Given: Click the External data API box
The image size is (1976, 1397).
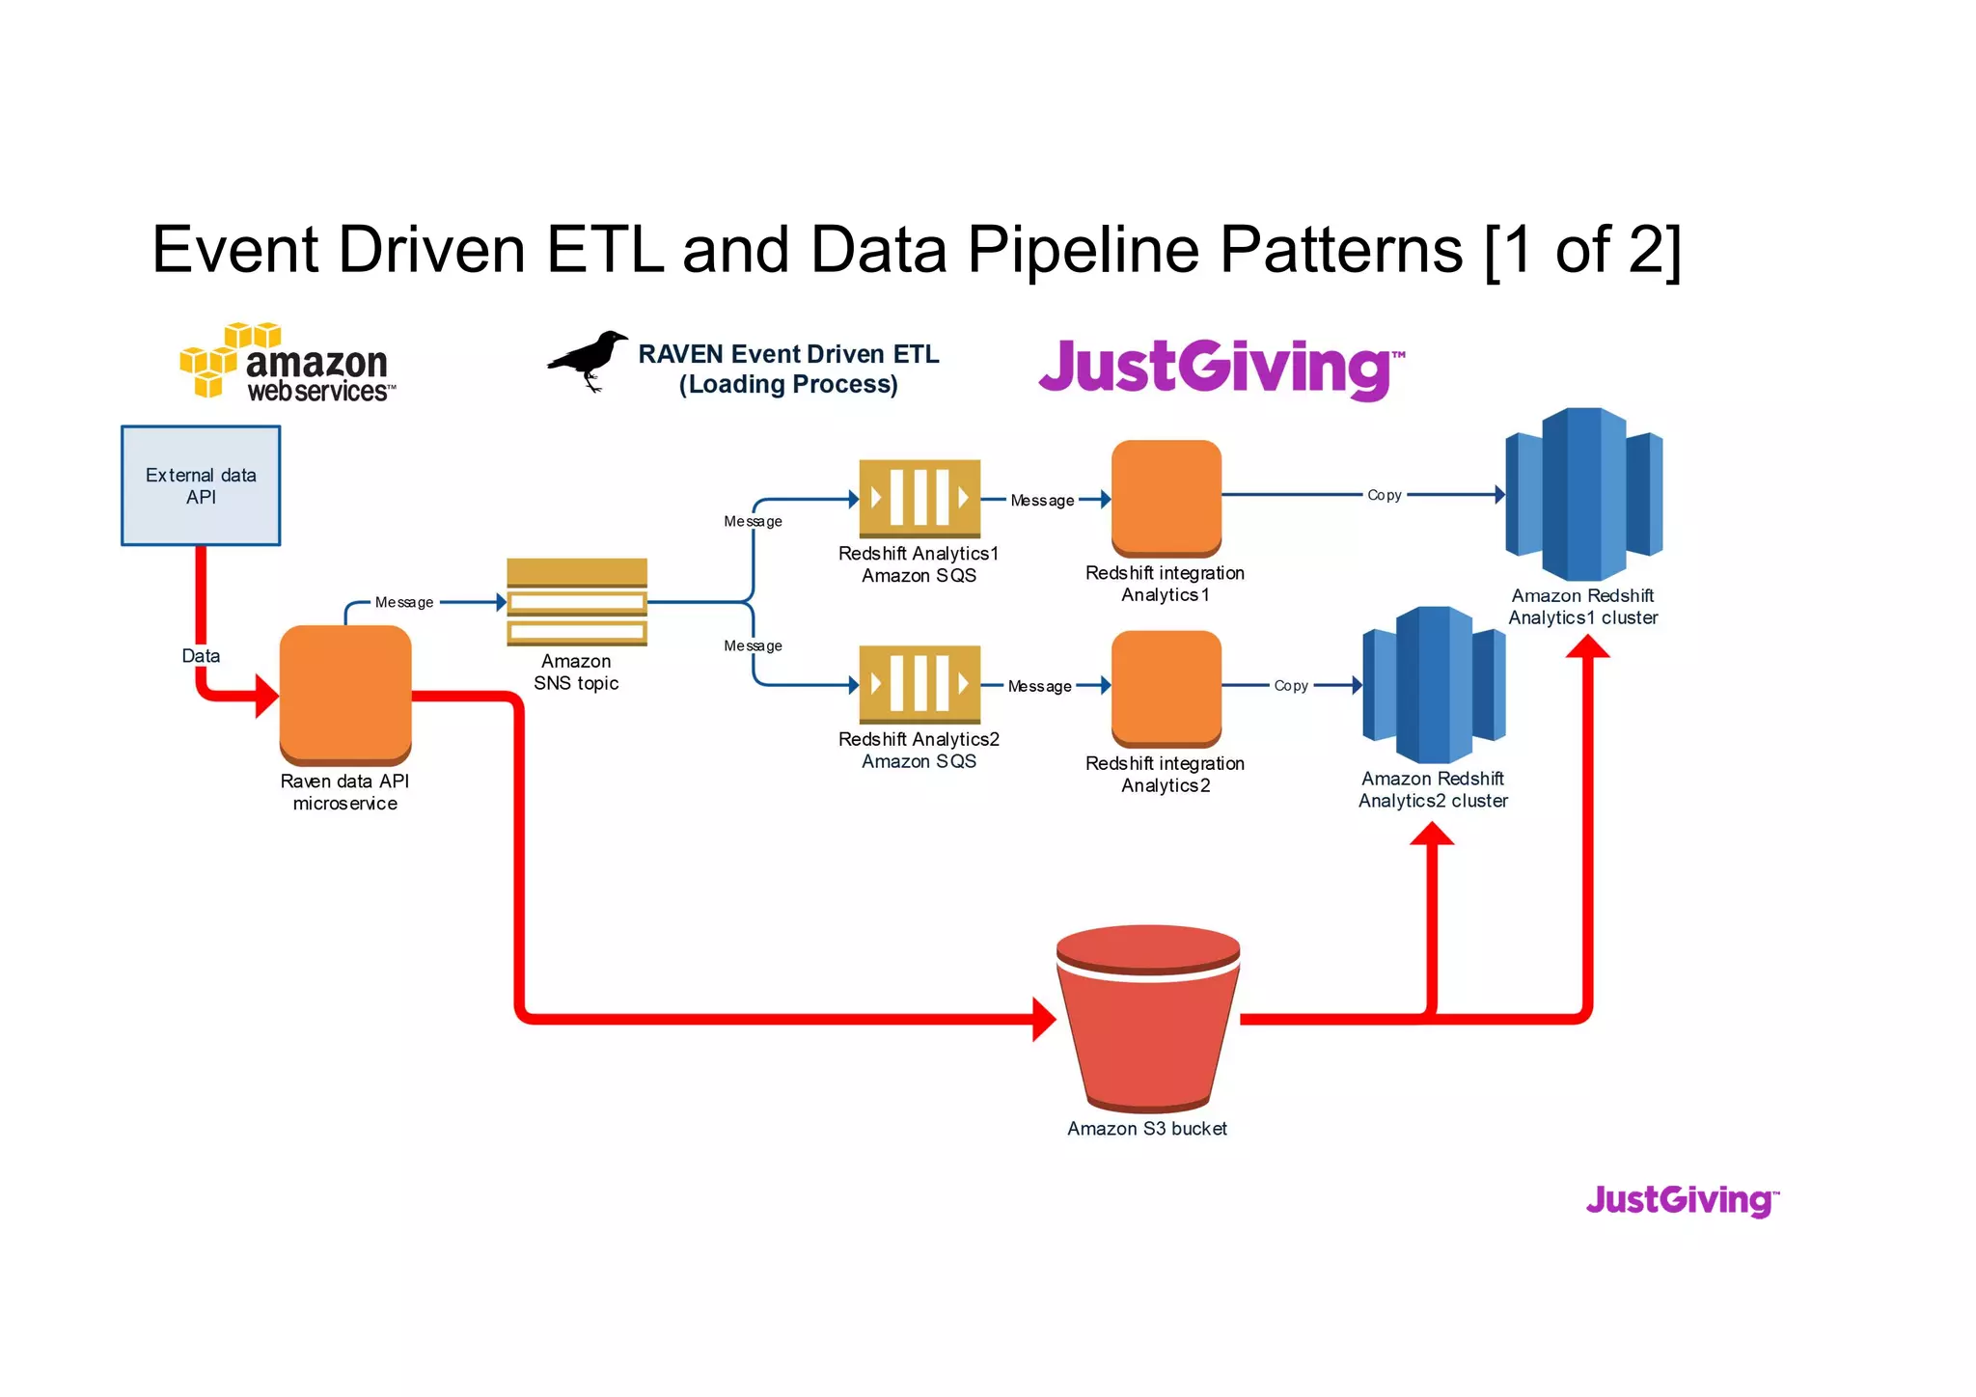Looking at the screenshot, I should (x=201, y=485).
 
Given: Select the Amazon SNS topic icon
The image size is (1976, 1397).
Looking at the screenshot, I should (x=577, y=602).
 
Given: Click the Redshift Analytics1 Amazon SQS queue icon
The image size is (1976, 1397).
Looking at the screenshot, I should (x=919, y=498).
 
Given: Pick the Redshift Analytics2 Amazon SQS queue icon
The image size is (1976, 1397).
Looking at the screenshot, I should (x=919, y=684).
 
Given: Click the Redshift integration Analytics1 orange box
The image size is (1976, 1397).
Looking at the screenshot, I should (x=1166, y=498).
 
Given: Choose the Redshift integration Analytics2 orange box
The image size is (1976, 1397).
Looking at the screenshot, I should (x=1166, y=688).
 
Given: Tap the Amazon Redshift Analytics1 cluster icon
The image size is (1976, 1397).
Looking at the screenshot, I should (x=1583, y=494).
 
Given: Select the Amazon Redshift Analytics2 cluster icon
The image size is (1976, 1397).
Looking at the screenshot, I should (x=1434, y=684).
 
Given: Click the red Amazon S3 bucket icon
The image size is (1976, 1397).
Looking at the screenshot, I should (x=1148, y=1018).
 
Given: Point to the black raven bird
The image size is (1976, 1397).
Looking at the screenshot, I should (x=590, y=360).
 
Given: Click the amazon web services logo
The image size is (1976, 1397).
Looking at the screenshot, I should (x=288, y=364).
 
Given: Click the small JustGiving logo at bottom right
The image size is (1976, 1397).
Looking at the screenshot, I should (x=1682, y=1200).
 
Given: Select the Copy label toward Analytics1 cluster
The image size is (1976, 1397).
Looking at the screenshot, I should (x=1384, y=495).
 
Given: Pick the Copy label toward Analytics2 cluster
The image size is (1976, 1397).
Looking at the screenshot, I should (x=1290, y=686).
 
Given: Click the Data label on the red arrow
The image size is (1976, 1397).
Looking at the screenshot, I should (x=201, y=656).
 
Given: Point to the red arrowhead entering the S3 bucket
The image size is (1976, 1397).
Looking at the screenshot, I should (x=1044, y=1019).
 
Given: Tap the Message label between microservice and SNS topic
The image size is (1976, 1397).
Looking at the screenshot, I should (x=403, y=602).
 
